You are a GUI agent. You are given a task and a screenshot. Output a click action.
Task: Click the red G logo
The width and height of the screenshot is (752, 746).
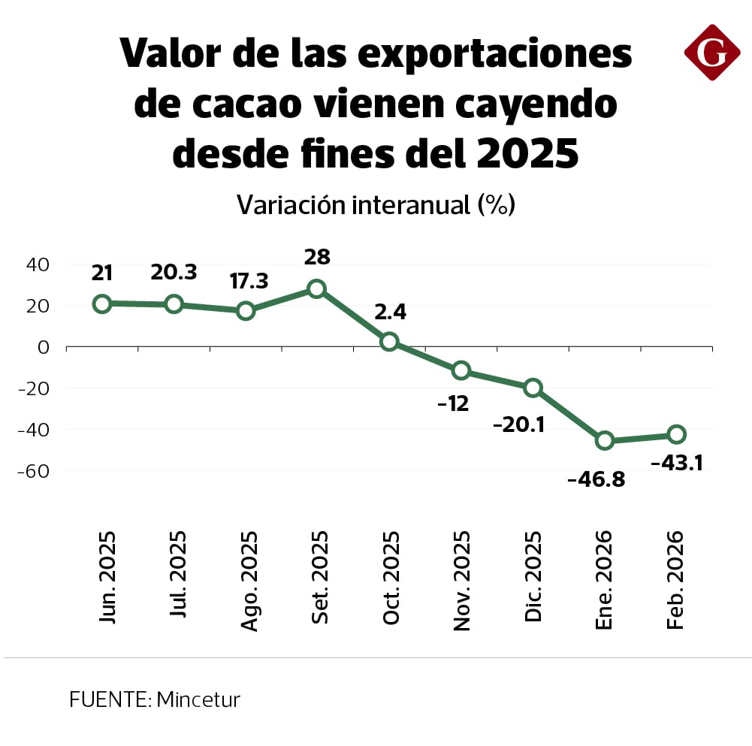pos(712,52)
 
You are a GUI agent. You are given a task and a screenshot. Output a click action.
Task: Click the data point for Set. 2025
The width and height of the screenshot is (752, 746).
pos(317,288)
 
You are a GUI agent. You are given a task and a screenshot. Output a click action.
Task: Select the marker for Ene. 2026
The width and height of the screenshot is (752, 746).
pos(605,440)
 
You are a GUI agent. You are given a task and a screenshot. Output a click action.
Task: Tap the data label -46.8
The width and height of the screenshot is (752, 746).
pos(596,479)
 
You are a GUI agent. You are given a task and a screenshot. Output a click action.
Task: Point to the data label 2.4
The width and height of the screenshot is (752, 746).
pos(390,311)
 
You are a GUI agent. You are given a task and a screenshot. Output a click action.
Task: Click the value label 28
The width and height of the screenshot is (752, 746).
pos(317,257)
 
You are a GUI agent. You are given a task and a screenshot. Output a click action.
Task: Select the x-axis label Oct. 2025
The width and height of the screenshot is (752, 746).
pos(391,578)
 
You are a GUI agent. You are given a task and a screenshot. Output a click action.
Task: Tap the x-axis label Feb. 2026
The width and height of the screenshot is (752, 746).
pos(675,580)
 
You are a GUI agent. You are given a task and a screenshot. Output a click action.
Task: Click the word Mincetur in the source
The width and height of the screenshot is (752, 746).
pos(198,700)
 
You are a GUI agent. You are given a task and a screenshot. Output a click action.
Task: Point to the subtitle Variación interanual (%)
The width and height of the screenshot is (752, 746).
pos(376,204)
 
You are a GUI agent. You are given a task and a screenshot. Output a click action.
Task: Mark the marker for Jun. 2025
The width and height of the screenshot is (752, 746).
pos(102,304)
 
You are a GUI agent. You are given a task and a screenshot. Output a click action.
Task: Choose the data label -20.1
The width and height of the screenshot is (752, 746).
pos(519,424)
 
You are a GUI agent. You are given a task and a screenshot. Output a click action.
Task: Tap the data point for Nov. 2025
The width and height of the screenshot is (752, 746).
pos(461,370)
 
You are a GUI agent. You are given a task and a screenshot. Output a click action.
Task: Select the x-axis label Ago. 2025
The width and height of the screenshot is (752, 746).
pos(249,580)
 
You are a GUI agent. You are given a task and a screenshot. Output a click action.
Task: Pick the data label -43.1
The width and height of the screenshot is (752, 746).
pos(676,464)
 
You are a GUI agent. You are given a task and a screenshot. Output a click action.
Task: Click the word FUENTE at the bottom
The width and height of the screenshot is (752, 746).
pos(110,700)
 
